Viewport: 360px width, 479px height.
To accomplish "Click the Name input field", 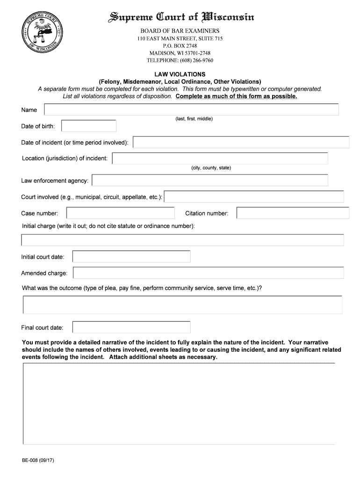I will [191, 109].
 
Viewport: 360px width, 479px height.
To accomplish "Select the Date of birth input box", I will [89, 126].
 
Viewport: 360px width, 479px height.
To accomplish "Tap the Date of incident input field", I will [241, 142].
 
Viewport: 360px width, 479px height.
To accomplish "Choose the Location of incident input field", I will [220, 159].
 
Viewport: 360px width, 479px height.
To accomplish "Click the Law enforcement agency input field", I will [210, 180].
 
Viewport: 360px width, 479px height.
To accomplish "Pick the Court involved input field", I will [254, 197].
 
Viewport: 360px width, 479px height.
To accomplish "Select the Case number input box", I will [121, 213].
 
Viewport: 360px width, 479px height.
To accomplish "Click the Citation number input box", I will [293, 213].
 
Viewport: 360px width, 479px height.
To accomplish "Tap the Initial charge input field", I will [182, 240].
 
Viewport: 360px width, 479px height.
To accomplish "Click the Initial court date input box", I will [131, 256].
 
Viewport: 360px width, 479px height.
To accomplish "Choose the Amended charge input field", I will [208, 273].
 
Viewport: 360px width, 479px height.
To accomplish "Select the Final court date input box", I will [131, 327].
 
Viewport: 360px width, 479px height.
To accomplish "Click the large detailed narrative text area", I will [179, 404].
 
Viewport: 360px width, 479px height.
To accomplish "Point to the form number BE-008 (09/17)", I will [38, 460].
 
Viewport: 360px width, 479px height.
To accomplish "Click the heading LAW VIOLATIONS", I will [180, 74].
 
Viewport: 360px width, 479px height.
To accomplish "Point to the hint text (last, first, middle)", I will [194, 119].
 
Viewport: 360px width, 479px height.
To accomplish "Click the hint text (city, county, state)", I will [211, 167].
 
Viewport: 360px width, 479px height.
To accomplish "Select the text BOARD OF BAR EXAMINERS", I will [180, 30].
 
